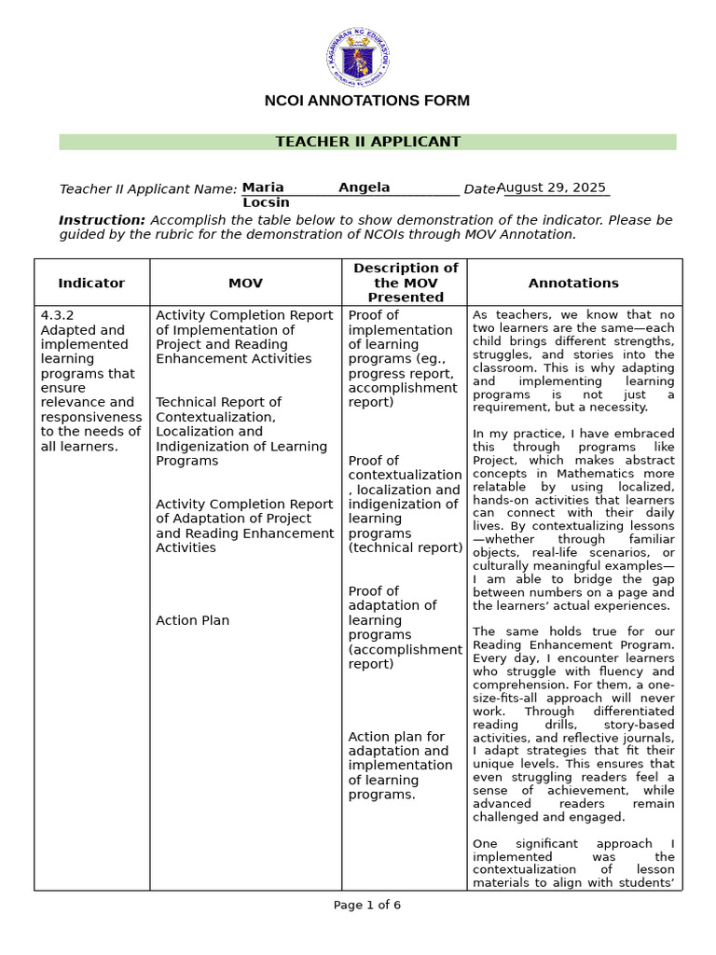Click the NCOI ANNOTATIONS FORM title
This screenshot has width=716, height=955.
(367, 101)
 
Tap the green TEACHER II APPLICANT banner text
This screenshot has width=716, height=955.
(367, 142)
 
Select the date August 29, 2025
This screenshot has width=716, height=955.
(551, 187)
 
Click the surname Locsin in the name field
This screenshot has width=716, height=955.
(266, 202)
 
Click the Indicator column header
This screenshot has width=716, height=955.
(91, 283)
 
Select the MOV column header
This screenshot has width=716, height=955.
(246, 283)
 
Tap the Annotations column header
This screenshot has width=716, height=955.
(573, 283)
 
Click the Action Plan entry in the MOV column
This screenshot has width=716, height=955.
(192, 620)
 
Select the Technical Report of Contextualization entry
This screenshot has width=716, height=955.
(241, 431)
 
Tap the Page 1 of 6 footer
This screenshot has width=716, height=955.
(367, 905)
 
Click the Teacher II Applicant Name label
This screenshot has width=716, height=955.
(147, 189)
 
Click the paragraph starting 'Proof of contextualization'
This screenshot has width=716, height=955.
(405, 504)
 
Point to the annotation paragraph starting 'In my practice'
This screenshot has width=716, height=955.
(573, 519)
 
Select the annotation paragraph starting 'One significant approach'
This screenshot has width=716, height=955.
(573, 864)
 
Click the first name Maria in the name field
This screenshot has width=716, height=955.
(263, 187)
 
